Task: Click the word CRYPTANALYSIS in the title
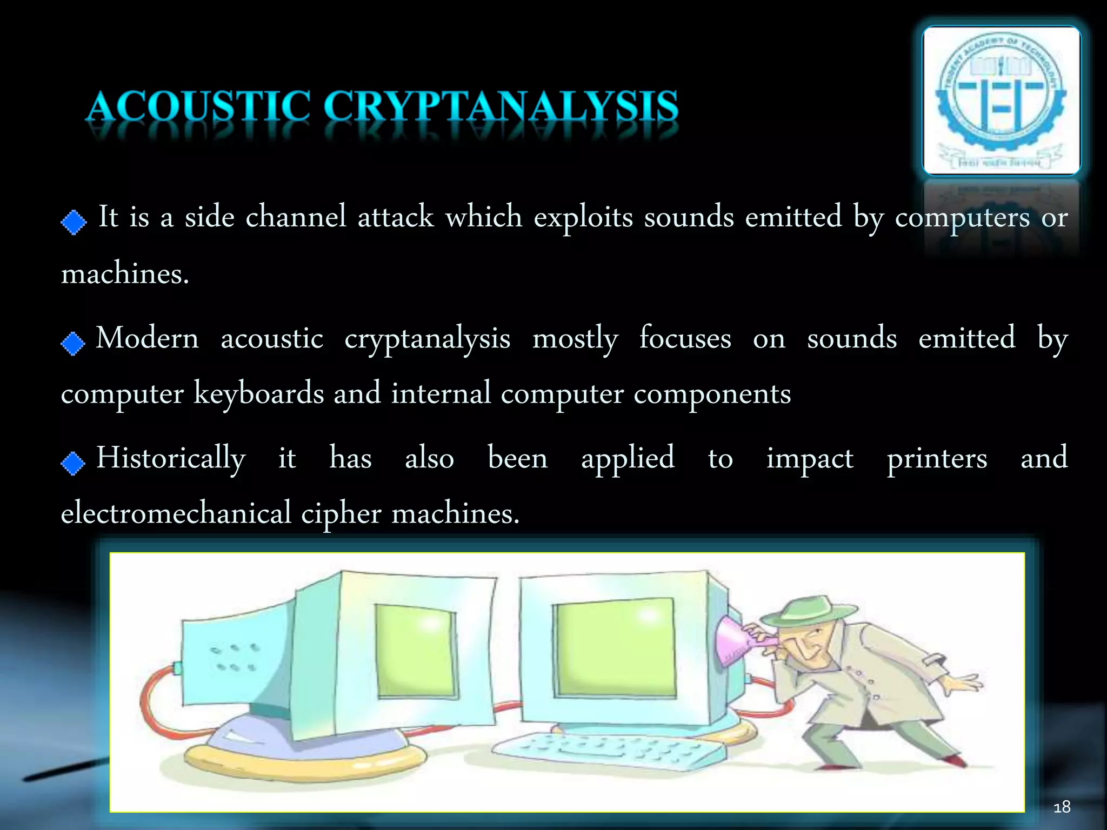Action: tap(501, 106)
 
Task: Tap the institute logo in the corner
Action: tap(1001, 101)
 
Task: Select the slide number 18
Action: tap(1062, 807)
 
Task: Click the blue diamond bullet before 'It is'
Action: tap(74, 222)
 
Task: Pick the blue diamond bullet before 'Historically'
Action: tap(73, 463)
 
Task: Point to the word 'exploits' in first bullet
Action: tap(583, 217)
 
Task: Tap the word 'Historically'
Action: tap(171, 458)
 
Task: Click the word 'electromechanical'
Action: tap(176, 513)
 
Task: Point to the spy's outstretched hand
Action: tap(965, 683)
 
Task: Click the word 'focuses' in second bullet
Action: tap(685, 339)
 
